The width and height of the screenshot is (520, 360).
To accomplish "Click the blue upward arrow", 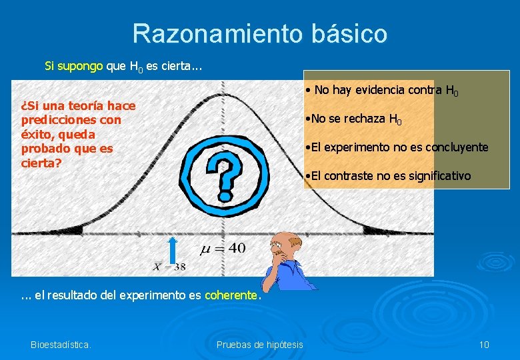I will click(x=173, y=253).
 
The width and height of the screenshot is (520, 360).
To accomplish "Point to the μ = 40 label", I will click(x=223, y=249).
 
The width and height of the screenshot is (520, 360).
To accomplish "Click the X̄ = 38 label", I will click(x=170, y=267).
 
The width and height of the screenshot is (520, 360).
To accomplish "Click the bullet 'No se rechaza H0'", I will click(x=353, y=119).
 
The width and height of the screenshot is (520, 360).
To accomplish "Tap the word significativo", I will click(x=433, y=176).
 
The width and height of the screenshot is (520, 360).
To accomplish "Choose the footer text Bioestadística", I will click(x=61, y=345).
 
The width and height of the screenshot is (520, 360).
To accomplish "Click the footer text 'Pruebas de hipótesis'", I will click(x=260, y=345).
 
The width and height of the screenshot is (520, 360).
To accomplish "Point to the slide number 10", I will click(x=484, y=345).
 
